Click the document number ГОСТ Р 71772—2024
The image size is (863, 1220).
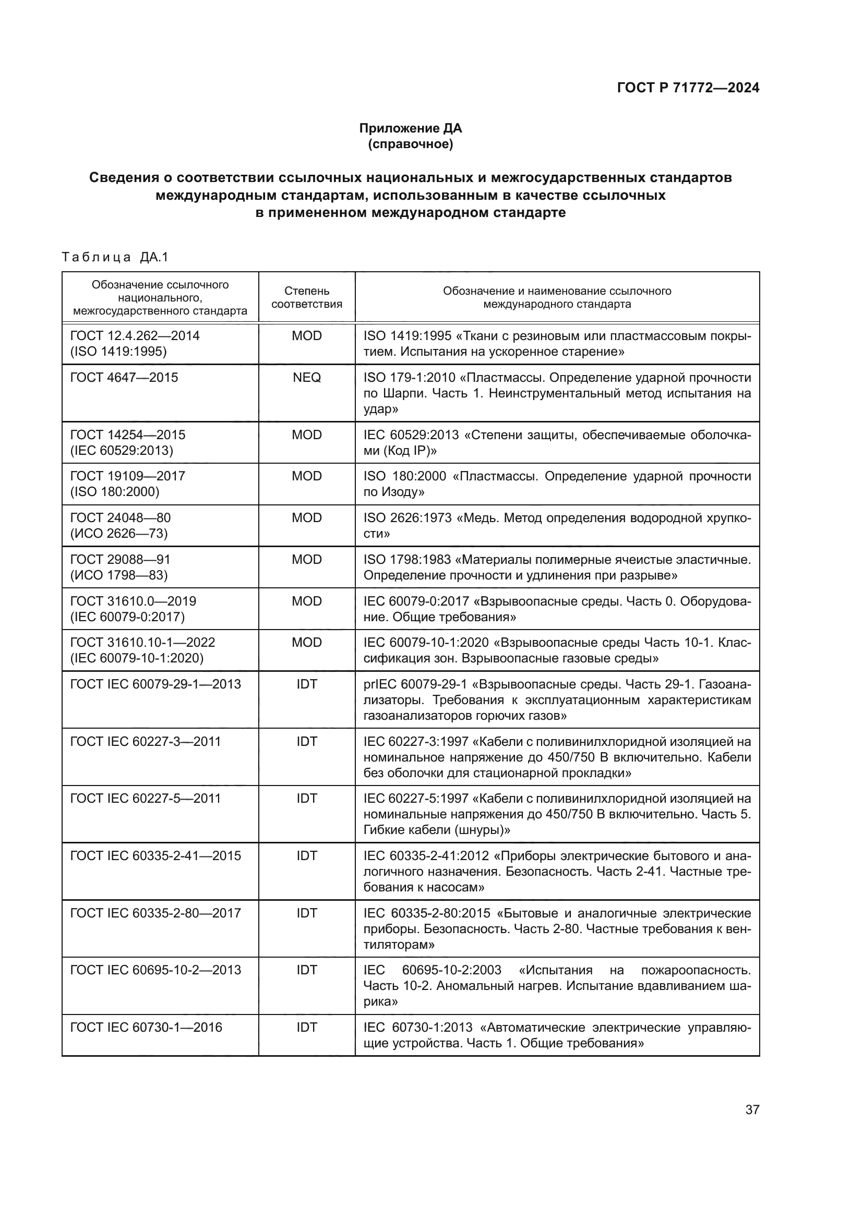pyautogui.click(x=688, y=88)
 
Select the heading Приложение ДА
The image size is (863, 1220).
pyautogui.click(x=410, y=128)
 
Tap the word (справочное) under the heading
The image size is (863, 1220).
pyautogui.click(x=410, y=144)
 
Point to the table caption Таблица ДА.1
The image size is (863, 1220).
pyautogui.click(x=115, y=257)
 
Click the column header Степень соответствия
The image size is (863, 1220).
pyautogui.click(x=307, y=297)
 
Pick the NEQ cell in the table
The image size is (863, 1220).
pyautogui.click(x=307, y=377)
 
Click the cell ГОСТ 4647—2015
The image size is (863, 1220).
pyautogui.click(x=124, y=377)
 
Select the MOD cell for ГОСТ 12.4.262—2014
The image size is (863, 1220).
pyautogui.click(x=307, y=335)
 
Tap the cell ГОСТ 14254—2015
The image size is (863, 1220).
pyautogui.click(x=127, y=442)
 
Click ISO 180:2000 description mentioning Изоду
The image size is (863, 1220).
pyautogui.click(x=557, y=484)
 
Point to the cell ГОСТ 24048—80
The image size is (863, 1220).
pyautogui.click(x=121, y=525)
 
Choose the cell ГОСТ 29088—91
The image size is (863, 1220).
pyautogui.click(x=121, y=566)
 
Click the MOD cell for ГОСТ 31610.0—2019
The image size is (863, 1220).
pyautogui.click(x=307, y=601)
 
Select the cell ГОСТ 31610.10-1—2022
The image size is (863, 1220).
pyautogui.click(x=142, y=650)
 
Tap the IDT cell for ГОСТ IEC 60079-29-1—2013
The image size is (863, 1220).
pyautogui.click(x=307, y=684)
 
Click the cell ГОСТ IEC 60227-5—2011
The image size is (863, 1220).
pyautogui.click(x=146, y=798)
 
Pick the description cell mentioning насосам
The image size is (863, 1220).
pyautogui.click(x=557, y=872)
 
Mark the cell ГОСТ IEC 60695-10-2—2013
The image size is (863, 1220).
pyautogui.click(x=155, y=970)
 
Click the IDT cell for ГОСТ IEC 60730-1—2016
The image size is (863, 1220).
pyautogui.click(x=307, y=1027)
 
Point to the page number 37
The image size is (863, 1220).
pyautogui.click(x=752, y=1109)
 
